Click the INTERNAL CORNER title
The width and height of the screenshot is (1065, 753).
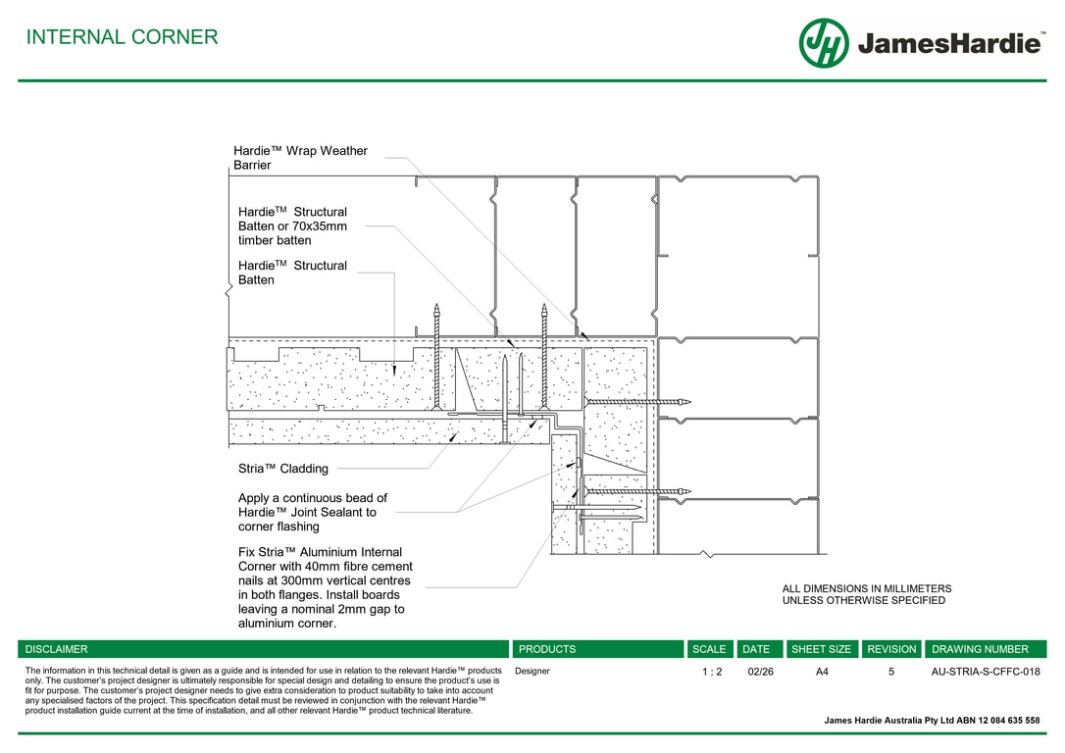click(x=122, y=37)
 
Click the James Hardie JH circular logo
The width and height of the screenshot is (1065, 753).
click(x=824, y=43)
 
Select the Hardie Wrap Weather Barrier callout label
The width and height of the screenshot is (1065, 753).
click(x=300, y=158)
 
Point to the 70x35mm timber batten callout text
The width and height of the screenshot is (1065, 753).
click(x=292, y=226)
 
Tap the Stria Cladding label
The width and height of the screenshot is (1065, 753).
click(x=283, y=469)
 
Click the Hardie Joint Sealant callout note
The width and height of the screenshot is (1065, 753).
click(x=312, y=512)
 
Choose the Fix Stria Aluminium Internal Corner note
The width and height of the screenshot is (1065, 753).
click(x=325, y=587)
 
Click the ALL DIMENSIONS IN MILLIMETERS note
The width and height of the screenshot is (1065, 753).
click(x=866, y=594)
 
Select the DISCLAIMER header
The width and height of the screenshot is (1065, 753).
click(x=57, y=649)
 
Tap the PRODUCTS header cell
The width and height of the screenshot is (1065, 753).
click(x=547, y=649)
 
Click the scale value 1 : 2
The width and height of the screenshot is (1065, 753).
click(x=712, y=672)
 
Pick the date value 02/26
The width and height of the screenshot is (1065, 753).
click(x=760, y=672)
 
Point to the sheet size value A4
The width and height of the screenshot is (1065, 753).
click(x=822, y=672)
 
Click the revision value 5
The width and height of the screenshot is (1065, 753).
click(x=891, y=672)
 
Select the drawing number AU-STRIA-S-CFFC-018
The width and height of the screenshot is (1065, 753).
click(x=985, y=672)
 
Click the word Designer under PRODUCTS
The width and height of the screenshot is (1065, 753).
click(x=532, y=672)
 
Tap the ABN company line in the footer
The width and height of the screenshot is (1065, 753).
click(x=932, y=721)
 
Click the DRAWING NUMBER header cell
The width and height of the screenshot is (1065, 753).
click(x=980, y=649)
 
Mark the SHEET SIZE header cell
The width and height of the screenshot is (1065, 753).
click(x=821, y=649)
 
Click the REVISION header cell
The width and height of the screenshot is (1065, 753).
click(x=891, y=649)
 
